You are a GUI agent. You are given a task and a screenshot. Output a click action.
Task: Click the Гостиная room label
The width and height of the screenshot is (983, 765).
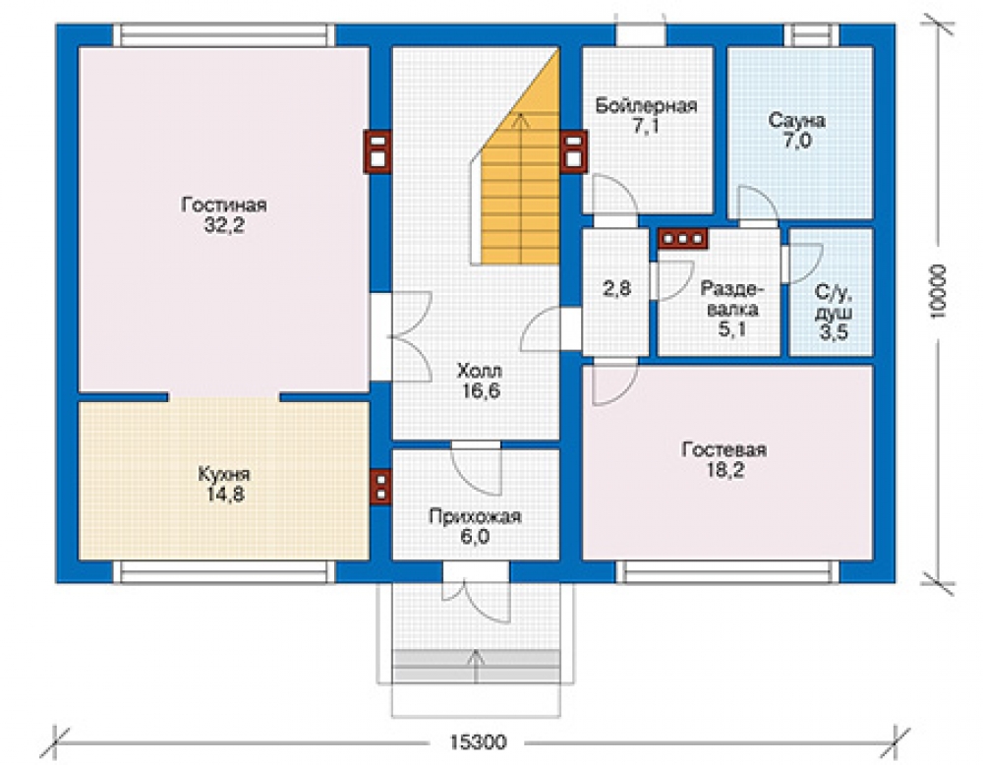click(x=224, y=206)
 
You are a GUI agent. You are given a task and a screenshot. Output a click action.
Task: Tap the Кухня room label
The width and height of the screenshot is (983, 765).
click(x=224, y=474)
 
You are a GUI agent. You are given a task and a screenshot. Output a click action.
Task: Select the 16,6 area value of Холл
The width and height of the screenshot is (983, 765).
click(x=481, y=390)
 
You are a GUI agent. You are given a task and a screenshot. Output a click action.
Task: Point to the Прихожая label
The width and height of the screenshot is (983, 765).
click(x=475, y=516)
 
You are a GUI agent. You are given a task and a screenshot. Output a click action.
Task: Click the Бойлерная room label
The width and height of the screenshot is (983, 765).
click(x=647, y=105)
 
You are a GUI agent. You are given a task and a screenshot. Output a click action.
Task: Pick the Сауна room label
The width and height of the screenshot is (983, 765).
click(x=797, y=120)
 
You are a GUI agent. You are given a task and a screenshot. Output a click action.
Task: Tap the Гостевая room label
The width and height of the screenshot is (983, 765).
click(x=724, y=449)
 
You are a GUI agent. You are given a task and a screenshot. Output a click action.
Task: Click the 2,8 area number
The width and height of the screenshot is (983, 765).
click(x=616, y=288)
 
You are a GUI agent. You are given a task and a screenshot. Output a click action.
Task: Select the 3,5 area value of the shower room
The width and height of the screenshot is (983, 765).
click(x=834, y=331)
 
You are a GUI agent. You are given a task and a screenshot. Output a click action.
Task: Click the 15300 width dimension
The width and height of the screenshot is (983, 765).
click(x=478, y=742)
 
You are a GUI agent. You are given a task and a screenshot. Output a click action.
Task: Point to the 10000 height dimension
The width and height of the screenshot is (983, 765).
click(x=939, y=292)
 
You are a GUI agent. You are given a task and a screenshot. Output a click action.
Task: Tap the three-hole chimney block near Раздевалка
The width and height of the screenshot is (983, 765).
click(x=683, y=239)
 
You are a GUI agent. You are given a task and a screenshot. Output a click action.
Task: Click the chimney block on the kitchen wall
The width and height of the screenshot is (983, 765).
click(x=379, y=487)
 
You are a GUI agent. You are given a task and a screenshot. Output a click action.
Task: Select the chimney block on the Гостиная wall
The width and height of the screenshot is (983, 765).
click(x=377, y=151)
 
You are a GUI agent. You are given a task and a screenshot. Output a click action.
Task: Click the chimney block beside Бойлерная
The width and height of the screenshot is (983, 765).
click(x=574, y=151)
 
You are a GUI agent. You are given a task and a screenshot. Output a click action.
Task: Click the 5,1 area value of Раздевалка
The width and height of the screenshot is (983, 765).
click(x=732, y=328)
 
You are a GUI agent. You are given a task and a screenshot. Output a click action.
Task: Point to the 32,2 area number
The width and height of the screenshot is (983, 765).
click(x=224, y=225)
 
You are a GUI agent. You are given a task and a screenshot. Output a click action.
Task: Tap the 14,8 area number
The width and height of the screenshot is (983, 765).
click(x=225, y=495)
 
